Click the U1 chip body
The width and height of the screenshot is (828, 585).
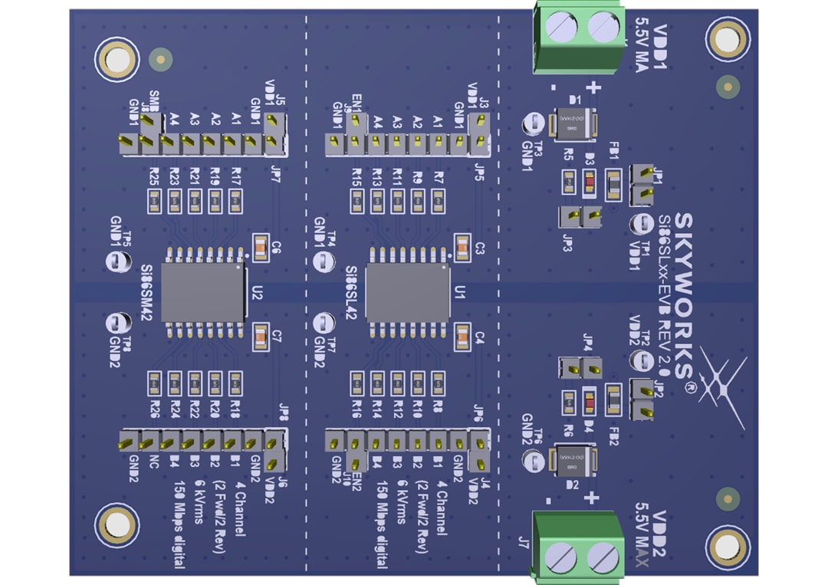[408, 293]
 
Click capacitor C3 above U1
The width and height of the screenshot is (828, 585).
[462, 248]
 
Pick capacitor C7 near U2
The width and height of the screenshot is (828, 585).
[260, 337]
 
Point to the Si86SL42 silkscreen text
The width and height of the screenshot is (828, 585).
[351, 294]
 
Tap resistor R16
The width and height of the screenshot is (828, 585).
[356, 381]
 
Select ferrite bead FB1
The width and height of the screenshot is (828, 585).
[613, 185]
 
